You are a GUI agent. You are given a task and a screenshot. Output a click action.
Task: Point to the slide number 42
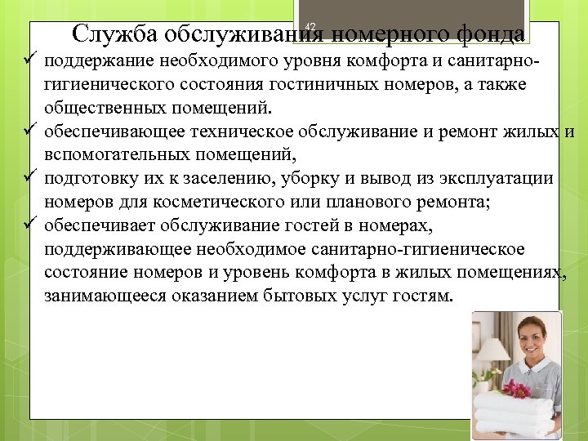(310, 28)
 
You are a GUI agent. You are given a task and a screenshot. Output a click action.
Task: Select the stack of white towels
(516, 412)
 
